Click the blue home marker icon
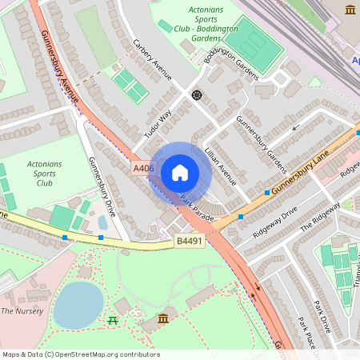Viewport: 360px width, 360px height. [x=180, y=172]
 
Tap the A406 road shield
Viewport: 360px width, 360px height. [x=143, y=167]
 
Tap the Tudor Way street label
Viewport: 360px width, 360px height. [x=158, y=125]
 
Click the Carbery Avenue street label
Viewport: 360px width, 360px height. [x=153, y=59]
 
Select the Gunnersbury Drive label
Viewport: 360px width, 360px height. [x=102, y=186]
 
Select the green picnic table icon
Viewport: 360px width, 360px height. [x=111, y=321]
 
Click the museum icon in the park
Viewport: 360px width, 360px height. [x=163, y=320]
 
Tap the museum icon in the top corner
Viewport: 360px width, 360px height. [x=350, y=10]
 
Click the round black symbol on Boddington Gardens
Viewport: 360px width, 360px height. [x=196, y=94]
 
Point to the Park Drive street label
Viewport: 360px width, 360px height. [x=322, y=317]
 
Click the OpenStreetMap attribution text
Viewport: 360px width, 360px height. [x=81, y=354]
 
